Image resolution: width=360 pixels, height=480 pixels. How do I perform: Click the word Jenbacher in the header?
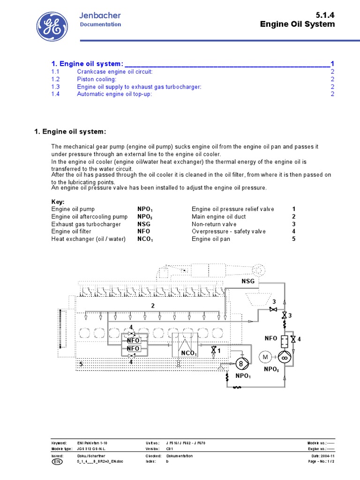coord(100,15)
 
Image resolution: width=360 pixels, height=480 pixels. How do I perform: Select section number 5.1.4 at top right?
coord(326,15)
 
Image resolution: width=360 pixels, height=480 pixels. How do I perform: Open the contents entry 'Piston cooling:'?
coord(97,79)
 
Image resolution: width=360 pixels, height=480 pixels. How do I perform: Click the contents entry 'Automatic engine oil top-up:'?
coord(114,94)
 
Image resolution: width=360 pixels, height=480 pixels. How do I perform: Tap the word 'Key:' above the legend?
coord(58,202)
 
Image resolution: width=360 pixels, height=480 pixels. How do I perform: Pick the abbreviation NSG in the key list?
coord(144,224)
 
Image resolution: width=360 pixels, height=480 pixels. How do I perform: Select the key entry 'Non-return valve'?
coord(214,224)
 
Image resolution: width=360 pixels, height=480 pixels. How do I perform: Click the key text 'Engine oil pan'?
coord(211,239)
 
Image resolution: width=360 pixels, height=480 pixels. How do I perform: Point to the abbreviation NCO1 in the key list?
coord(145,239)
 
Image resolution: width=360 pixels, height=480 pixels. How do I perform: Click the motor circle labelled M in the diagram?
coord(265,357)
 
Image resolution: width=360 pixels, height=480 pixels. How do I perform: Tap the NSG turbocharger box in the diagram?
coord(248,281)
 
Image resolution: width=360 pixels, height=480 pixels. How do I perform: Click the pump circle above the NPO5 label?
coord(284,357)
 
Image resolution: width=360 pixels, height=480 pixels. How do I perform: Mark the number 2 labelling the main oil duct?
coord(152,306)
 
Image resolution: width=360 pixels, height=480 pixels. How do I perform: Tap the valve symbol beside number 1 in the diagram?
coord(214,350)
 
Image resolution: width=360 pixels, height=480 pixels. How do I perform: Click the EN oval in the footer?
coord(56,462)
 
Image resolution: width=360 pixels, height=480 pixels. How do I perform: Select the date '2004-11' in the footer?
coord(327,456)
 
